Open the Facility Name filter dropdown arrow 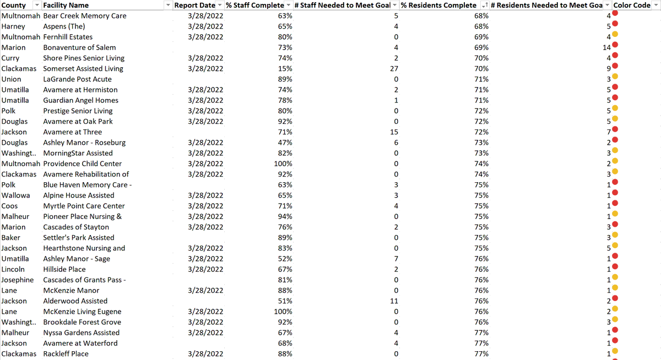(x=168, y=5)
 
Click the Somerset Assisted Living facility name (x=83, y=69)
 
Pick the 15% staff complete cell (x=285, y=69)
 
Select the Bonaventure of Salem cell (x=79, y=47)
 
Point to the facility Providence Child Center (x=83, y=163)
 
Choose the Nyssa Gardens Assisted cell (x=82, y=332)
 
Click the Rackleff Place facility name (x=66, y=354)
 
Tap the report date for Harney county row (x=205, y=26)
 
